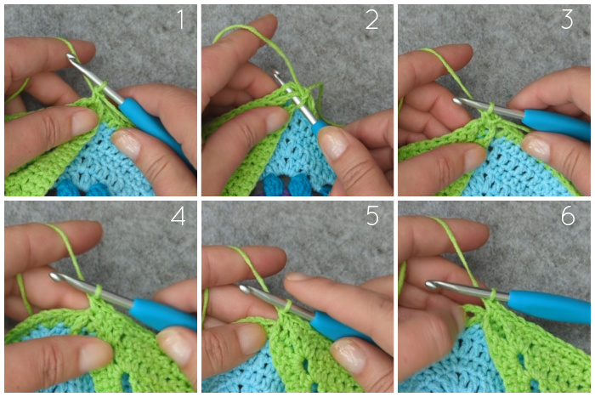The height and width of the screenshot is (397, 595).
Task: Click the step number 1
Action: (x=181, y=20)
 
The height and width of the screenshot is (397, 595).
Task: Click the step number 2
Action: (x=371, y=20)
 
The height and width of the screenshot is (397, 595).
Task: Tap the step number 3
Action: (x=567, y=20)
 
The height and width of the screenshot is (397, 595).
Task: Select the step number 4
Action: (x=178, y=216)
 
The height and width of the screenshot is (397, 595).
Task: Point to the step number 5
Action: (x=372, y=216)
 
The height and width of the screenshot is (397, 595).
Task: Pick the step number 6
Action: (x=568, y=216)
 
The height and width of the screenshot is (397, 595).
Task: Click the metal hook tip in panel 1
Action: (x=71, y=57)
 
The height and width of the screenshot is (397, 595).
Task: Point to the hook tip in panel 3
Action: (x=457, y=101)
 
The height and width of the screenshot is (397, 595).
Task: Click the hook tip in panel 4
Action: (x=54, y=276)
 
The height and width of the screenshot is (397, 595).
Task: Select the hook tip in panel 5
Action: (x=244, y=289)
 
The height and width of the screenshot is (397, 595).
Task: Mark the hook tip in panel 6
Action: (x=430, y=285)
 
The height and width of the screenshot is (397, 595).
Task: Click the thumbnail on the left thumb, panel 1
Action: (x=84, y=122)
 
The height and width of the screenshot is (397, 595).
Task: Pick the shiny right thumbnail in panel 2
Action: (x=332, y=142)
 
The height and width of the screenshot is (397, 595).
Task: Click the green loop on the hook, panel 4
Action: (x=97, y=292)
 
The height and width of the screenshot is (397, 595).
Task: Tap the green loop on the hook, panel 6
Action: (x=493, y=294)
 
